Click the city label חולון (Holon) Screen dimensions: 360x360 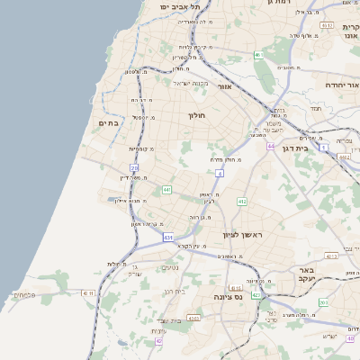pos(197,115)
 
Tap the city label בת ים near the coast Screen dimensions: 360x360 pos(109,122)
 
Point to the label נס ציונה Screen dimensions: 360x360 pos(230,296)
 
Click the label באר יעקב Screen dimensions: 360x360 pos(307,274)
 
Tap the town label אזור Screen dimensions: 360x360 pos(224,86)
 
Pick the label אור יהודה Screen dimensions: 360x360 pos(343,84)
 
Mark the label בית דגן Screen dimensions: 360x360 pos(294,148)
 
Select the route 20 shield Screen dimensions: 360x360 pos(134,168)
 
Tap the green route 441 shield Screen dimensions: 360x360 pos(166,190)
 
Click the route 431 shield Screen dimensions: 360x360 pos(168,238)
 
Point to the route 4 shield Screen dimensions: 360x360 pos(220,172)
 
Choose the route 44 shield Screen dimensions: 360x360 pos(269,145)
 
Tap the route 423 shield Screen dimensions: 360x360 pos(256,293)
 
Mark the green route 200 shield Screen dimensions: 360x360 pos(323,303)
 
